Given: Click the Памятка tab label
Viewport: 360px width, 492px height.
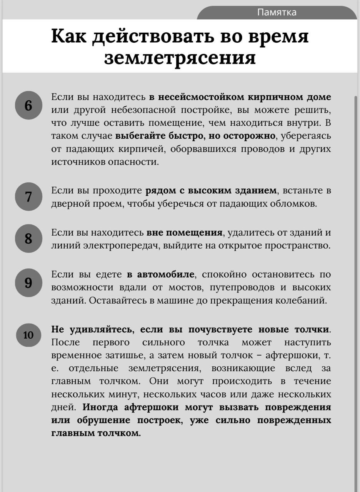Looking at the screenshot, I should click(x=277, y=12).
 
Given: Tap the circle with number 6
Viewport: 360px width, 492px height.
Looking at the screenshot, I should click(x=28, y=105).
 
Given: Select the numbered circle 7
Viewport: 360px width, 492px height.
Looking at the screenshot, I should click(x=28, y=196).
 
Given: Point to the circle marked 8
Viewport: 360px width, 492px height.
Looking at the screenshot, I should click(x=28, y=238).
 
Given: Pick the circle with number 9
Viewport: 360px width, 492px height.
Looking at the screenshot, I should click(x=28, y=283).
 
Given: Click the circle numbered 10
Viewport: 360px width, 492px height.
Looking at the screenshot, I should click(x=28, y=335).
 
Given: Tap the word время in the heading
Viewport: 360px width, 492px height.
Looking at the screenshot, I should click(x=279, y=37).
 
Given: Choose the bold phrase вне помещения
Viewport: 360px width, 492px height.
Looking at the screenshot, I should click(x=184, y=233).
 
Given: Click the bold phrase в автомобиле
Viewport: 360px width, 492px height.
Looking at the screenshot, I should click(x=160, y=274).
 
